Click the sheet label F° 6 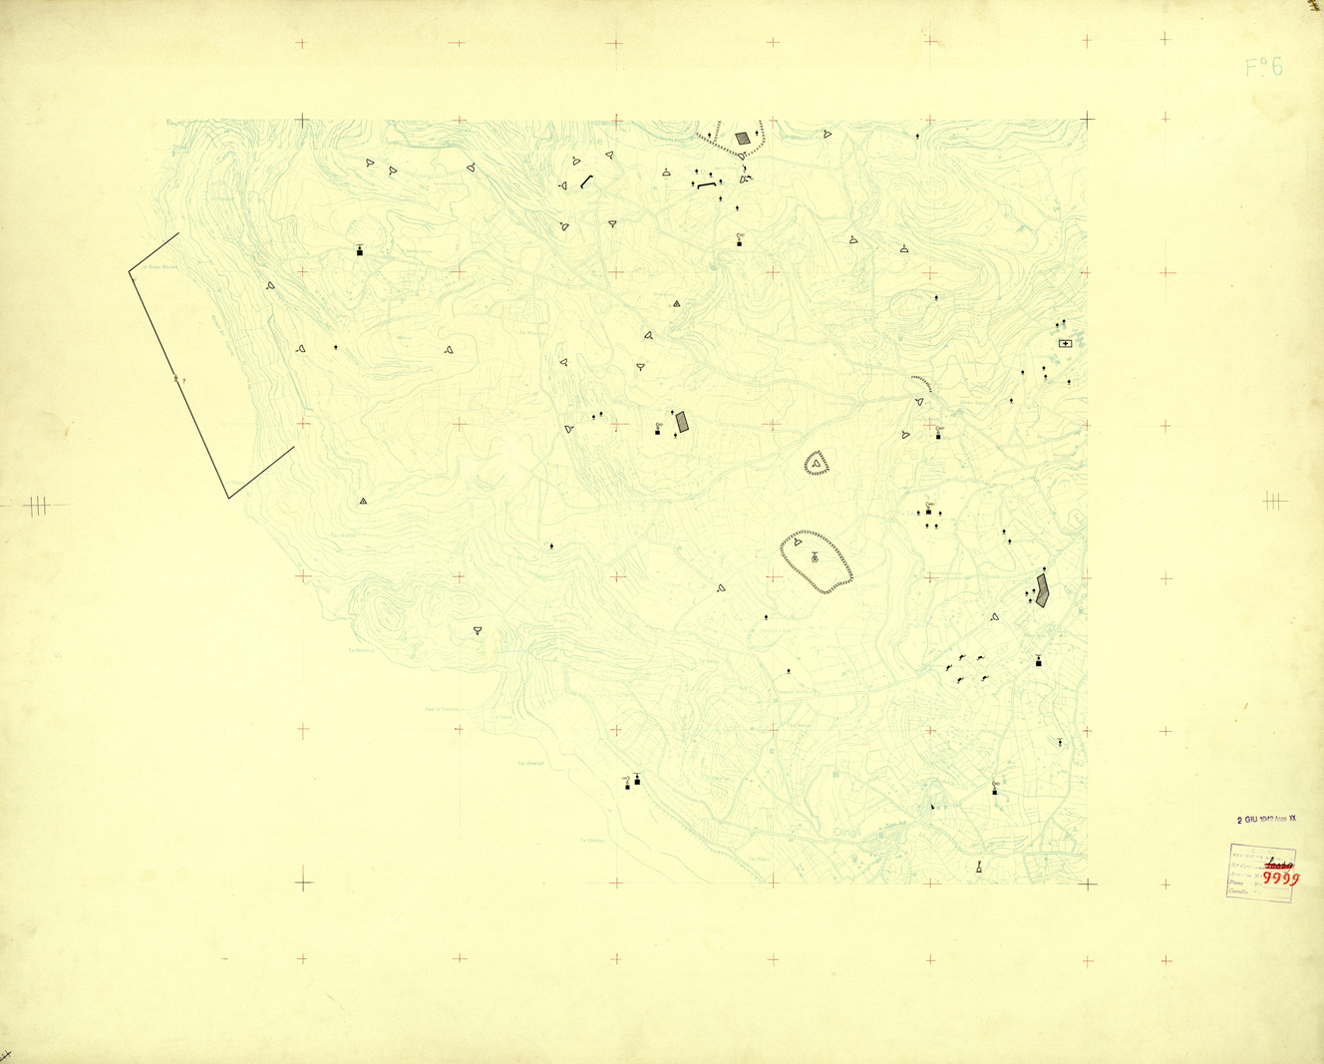tap(1264, 68)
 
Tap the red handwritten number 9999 tap(1281, 879)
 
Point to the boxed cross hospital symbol tap(1065, 344)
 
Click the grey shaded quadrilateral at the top tap(743, 139)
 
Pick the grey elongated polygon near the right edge tap(1042, 589)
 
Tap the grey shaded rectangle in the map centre tap(682, 423)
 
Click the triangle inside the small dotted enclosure tap(817, 462)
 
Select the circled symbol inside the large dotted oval tap(815, 557)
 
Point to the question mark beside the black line tap(183, 381)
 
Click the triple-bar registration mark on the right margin tap(1274, 501)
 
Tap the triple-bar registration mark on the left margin tap(37, 506)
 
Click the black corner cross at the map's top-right tap(1087, 120)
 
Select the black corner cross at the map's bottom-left tap(303, 883)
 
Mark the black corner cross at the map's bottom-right tap(1087, 884)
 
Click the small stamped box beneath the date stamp tap(1260, 873)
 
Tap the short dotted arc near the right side tap(922, 383)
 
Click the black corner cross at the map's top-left tap(302, 121)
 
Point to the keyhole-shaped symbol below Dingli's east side tap(979, 869)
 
